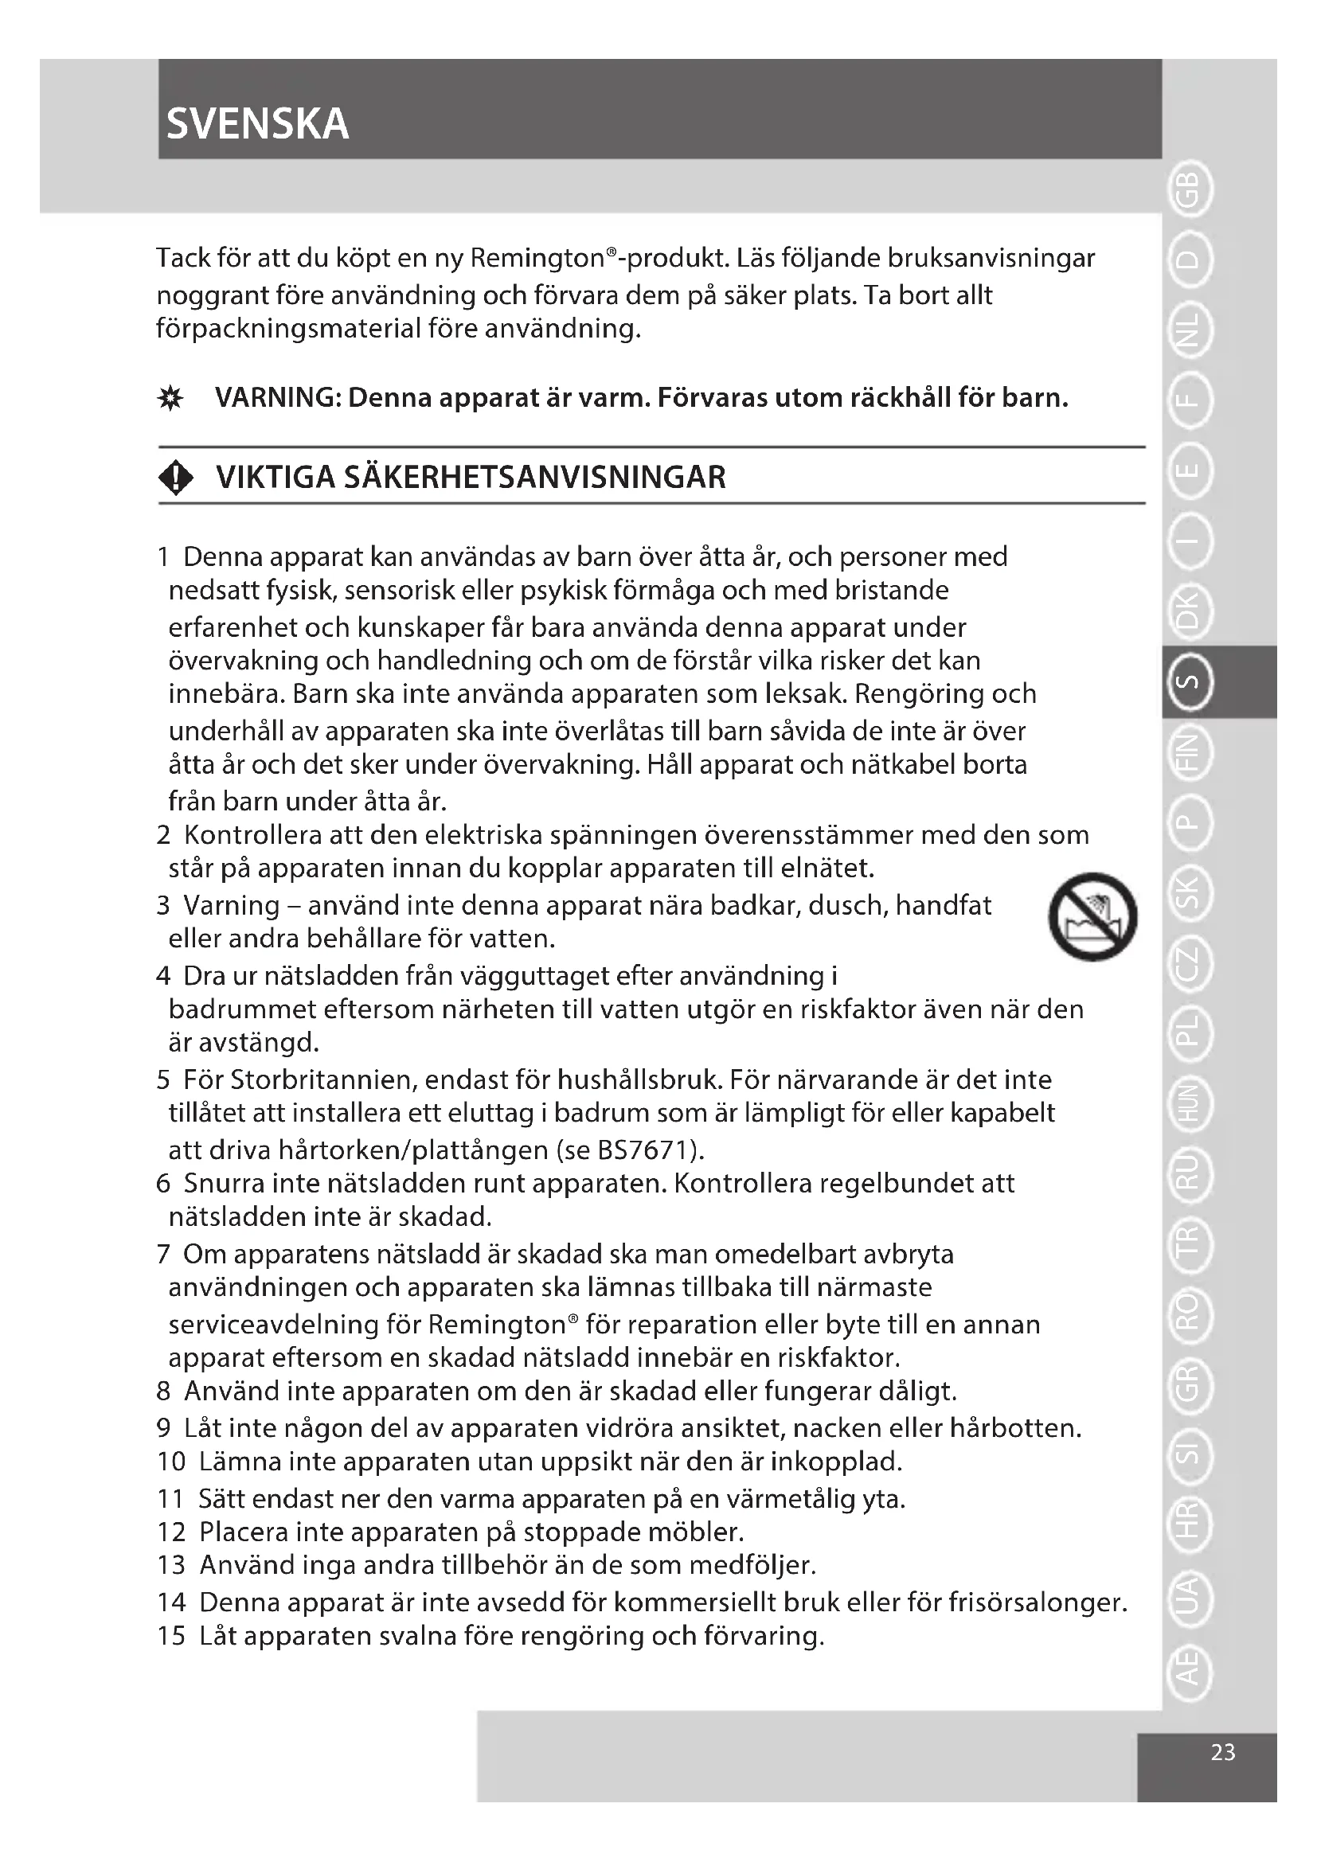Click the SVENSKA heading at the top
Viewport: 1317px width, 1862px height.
point(257,124)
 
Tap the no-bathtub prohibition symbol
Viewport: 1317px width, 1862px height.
point(1092,916)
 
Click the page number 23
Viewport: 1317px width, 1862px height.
point(1222,1751)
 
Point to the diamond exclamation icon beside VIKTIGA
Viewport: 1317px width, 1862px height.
point(176,478)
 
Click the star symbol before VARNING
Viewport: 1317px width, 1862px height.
point(170,399)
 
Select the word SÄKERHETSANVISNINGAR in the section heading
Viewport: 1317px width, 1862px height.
point(535,478)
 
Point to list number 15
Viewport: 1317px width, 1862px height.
point(171,1636)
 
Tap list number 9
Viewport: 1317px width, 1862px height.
point(163,1427)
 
